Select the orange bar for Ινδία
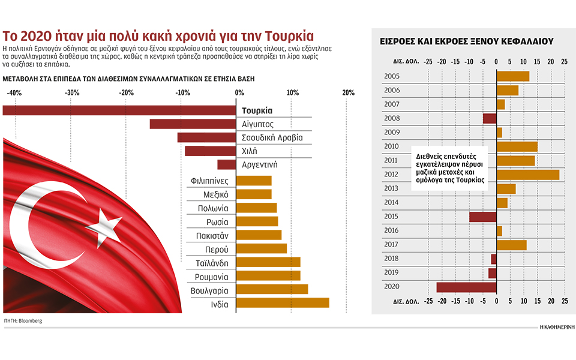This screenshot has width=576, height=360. point(283,302)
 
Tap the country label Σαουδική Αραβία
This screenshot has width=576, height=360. point(272,138)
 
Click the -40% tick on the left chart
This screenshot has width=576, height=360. point(14,93)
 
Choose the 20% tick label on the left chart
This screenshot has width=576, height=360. point(347,93)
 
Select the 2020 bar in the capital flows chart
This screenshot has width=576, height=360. point(466,287)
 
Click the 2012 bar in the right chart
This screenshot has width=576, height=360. point(527,175)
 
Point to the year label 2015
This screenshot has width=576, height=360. point(391,217)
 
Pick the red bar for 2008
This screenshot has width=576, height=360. point(490,118)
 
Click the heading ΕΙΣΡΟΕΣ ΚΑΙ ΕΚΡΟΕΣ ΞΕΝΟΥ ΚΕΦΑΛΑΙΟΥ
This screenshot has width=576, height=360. point(467,41)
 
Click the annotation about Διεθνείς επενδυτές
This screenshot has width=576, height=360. point(450,167)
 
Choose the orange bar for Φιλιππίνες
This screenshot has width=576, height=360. point(254,181)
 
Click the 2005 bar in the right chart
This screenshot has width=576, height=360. point(512,76)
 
